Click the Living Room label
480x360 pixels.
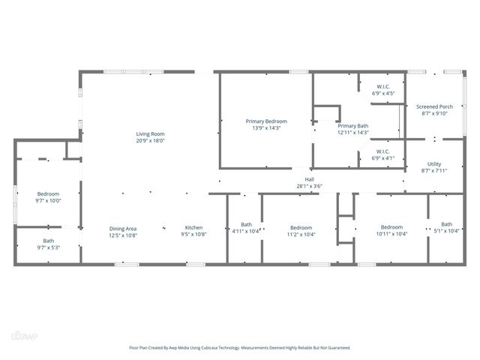(x=150, y=134)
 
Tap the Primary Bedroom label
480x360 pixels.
(x=266, y=121)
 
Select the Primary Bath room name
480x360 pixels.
(x=352, y=126)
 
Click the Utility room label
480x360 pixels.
(x=434, y=164)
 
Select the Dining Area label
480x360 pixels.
(x=124, y=228)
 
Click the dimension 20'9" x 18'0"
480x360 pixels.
(x=150, y=141)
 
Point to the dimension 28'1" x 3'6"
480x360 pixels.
(x=309, y=186)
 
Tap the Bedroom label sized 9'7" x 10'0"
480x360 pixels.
(x=48, y=194)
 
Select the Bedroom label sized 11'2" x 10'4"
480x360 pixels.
(x=301, y=227)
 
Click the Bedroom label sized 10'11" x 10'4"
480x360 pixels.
(x=391, y=227)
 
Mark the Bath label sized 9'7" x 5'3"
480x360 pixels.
(x=48, y=241)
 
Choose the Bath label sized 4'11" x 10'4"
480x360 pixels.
(x=247, y=224)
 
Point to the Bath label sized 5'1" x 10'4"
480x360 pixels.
(x=446, y=224)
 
